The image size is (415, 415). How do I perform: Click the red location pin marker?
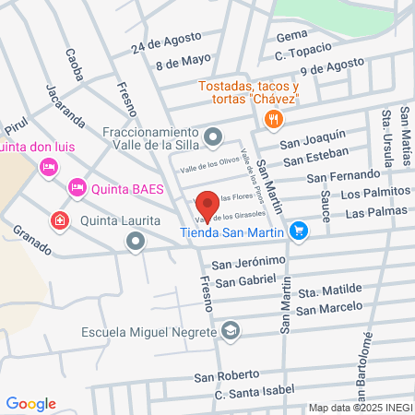pos(207,205)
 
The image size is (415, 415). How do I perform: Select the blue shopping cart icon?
pos(297,231)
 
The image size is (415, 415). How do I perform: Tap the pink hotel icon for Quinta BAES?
pos(77,188)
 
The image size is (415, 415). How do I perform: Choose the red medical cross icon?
pos(60,221)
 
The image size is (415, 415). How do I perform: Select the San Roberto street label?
pos(223,376)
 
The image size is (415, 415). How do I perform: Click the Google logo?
pos(31,403)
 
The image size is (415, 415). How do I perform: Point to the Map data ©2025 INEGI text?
pos(360,408)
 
